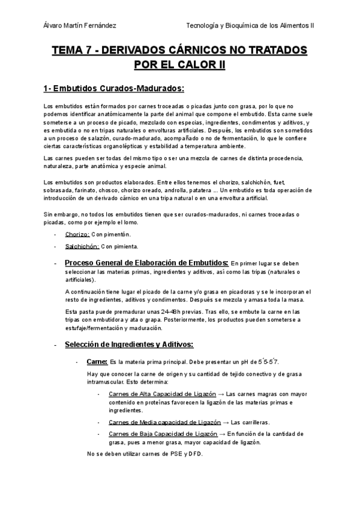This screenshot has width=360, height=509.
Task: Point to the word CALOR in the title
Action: point(195,64)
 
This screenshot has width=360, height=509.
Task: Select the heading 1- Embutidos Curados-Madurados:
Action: point(113,89)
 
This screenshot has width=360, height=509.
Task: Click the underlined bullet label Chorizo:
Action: point(77,234)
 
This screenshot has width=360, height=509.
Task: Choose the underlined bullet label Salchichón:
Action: point(81,246)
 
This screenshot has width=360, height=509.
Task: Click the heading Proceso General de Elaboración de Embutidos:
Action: point(146,263)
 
